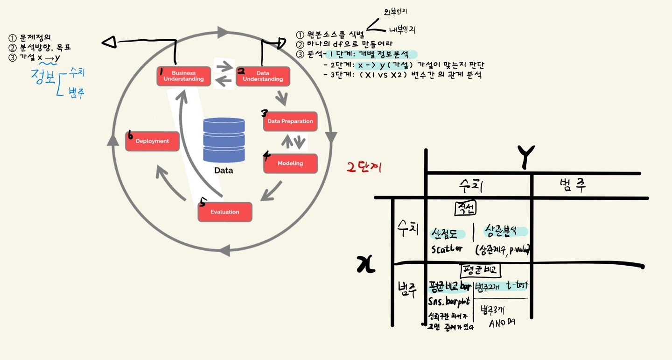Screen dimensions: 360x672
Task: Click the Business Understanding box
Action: tap(183, 76)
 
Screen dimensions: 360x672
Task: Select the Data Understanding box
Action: tap(263, 76)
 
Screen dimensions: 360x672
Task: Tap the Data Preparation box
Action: tap(290, 121)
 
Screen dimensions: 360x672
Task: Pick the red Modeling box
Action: tap(290, 163)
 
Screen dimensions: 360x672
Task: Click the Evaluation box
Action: tap(225, 212)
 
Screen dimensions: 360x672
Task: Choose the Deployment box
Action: tap(152, 141)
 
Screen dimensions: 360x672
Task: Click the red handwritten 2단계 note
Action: tap(364, 167)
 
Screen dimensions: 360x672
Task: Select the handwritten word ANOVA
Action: tap(502, 323)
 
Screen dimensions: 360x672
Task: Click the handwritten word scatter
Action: tap(447, 248)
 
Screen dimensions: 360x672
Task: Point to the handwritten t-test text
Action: tap(518, 285)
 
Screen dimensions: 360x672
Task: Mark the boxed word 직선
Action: tap(465, 208)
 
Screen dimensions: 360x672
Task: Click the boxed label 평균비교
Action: tap(480, 270)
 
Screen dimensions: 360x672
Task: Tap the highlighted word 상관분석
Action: tap(505, 231)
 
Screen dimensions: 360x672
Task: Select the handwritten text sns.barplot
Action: tap(448, 301)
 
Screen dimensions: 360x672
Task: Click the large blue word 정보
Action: tap(42, 76)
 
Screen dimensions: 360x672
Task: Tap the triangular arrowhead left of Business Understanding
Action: tap(109, 42)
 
